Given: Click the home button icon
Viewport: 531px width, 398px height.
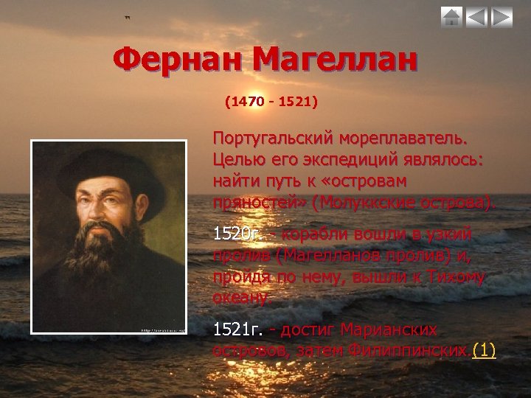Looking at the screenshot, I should coord(451,17).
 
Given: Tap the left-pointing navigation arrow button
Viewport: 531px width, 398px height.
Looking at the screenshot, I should coord(476,17).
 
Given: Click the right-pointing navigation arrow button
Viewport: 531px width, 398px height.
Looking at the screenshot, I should coord(502,17).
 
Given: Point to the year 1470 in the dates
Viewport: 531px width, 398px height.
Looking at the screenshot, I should coord(248,99).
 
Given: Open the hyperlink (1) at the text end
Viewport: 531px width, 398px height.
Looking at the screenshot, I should coord(484,349).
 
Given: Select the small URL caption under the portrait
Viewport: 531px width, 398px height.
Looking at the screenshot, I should coord(162,329).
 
